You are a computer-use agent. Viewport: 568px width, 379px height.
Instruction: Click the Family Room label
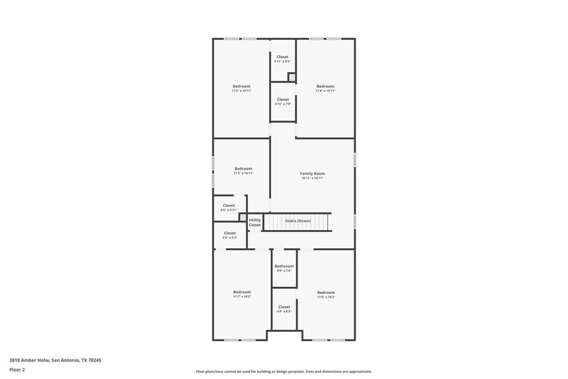tap(312, 173)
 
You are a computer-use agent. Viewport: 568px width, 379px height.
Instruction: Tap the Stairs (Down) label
tap(298, 220)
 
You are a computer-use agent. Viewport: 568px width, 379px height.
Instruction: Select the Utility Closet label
tap(255, 222)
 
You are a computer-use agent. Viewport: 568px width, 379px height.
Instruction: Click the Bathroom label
tap(284, 266)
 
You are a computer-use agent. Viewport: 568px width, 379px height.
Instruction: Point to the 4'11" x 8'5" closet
tap(283, 59)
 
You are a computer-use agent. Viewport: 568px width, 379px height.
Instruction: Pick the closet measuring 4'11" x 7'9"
tap(283, 101)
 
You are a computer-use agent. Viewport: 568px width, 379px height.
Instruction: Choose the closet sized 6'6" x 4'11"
tap(229, 208)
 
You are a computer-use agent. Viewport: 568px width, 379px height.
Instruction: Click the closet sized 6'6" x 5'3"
tap(229, 235)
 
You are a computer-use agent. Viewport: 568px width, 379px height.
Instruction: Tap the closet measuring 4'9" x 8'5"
tap(284, 309)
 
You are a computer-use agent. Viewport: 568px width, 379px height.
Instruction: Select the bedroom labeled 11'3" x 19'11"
tap(241, 88)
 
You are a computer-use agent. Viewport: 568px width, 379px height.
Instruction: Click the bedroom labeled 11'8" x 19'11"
tap(325, 88)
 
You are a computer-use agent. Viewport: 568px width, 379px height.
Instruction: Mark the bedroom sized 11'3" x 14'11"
tap(243, 171)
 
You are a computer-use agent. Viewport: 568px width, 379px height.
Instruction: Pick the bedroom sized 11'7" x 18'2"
tap(242, 294)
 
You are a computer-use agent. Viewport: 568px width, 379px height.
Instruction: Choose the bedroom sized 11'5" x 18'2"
tap(326, 295)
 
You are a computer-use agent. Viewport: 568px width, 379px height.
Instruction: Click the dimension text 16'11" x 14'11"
tap(312, 178)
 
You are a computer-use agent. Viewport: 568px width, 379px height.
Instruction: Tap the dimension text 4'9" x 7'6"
tap(284, 271)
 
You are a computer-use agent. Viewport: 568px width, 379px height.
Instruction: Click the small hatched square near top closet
tap(291, 77)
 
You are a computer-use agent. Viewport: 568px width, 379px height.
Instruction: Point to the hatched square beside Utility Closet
tap(243, 218)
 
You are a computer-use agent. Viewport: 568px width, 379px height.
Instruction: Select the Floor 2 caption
tap(17, 370)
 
